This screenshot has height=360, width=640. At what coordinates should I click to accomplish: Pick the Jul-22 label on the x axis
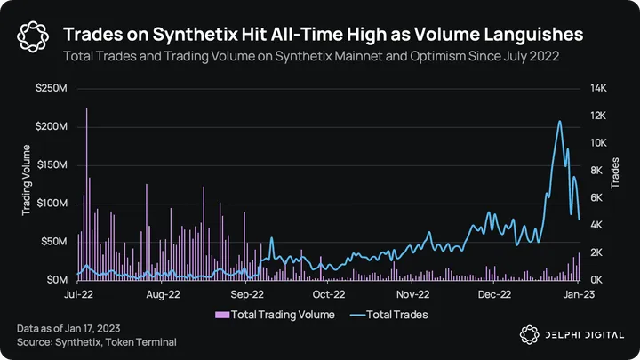tap(80, 293)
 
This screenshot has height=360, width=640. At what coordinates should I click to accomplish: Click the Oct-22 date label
tap(329, 293)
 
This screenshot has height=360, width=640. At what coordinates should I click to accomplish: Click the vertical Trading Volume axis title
tap(27, 184)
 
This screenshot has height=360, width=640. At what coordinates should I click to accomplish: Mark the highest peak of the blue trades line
tap(559, 121)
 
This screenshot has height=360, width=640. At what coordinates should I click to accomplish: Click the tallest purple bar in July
tap(86, 108)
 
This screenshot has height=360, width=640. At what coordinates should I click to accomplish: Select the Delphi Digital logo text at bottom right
tap(578, 333)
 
